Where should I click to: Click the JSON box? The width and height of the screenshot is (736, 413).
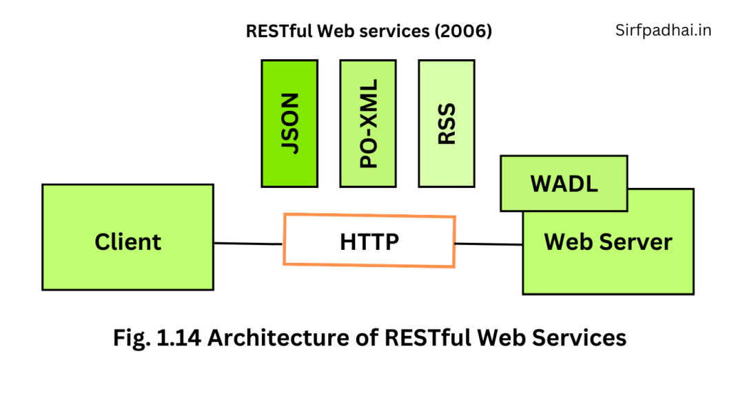tap(289, 123)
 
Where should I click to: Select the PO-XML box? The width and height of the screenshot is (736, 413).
tap(368, 123)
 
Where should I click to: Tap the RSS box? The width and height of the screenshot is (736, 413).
tap(447, 123)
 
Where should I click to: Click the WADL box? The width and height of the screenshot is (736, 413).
tap(564, 183)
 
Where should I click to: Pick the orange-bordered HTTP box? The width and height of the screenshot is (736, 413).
tap(369, 241)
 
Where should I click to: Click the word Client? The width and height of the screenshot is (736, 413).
tap(127, 242)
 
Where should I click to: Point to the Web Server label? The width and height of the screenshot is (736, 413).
tap(608, 242)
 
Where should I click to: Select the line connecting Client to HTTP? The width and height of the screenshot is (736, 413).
tap(248, 243)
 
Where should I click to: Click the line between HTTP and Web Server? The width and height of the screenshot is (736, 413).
tap(489, 244)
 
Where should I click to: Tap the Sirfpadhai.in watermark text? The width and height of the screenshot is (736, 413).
tap(663, 30)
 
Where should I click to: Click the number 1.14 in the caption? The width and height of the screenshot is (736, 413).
tap(180, 338)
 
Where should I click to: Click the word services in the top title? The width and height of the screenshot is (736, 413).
tap(404, 32)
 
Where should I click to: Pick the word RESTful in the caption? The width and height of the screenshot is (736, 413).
tap(427, 338)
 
